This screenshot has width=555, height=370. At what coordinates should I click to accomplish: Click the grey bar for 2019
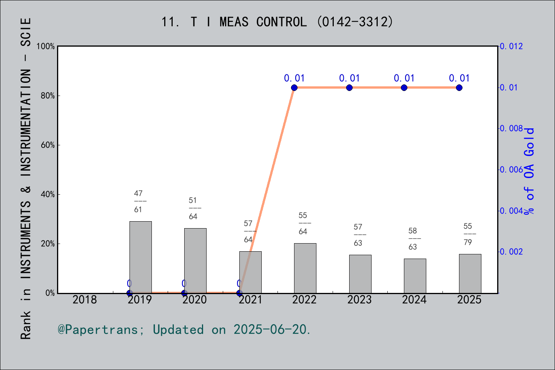click(140, 257)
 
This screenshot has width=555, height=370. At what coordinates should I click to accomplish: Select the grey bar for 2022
click(305, 268)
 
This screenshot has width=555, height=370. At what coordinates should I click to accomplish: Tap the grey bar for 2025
click(470, 274)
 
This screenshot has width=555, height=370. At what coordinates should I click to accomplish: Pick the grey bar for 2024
click(415, 276)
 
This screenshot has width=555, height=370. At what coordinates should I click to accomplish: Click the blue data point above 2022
click(294, 88)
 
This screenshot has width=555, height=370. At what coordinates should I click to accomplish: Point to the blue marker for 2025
click(459, 88)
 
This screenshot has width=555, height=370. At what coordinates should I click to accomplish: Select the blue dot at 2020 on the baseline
click(184, 293)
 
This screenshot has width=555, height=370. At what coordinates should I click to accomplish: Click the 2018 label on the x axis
click(84, 300)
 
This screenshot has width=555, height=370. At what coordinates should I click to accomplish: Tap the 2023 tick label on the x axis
click(359, 300)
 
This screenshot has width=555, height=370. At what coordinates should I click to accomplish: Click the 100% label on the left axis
click(45, 46)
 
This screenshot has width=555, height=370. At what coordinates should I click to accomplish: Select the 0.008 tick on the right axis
click(511, 128)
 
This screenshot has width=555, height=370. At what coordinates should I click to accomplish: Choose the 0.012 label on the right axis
click(511, 46)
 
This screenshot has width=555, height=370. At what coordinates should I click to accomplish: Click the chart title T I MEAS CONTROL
click(277, 22)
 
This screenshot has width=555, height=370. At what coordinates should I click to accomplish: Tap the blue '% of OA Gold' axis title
click(529, 171)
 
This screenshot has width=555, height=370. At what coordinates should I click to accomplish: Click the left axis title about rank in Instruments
click(26, 178)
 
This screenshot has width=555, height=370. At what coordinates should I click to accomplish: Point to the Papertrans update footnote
click(184, 330)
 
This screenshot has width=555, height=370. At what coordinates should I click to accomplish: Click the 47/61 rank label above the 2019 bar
click(140, 201)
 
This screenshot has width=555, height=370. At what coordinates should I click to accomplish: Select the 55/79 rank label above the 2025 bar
click(470, 234)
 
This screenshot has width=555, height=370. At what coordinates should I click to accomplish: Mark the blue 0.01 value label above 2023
click(349, 78)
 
